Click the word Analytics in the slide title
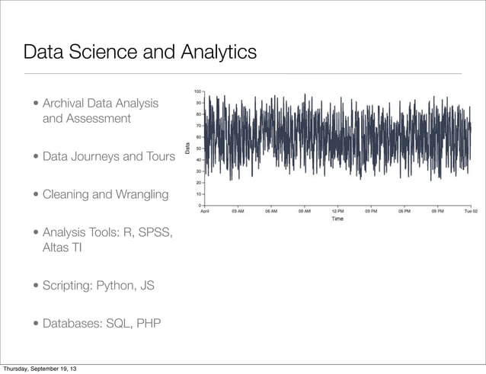[x=217, y=53]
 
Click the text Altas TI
[x=62, y=248]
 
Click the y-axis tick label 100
[x=197, y=91]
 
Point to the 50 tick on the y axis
[x=198, y=149]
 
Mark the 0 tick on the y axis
[x=200, y=205]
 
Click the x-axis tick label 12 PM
[x=337, y=212]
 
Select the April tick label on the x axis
[x=206, y=212]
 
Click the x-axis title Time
[x=337, y=219]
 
